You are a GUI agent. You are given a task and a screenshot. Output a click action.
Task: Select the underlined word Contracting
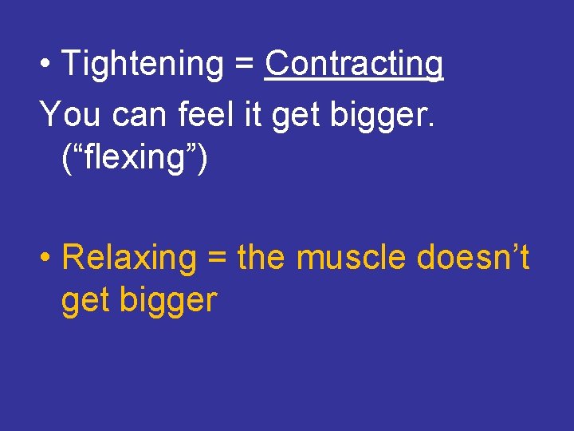[354, 64]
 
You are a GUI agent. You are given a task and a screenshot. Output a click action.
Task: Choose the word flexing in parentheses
[134, 157]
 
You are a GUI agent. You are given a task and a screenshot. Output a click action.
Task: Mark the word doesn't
[471, 258]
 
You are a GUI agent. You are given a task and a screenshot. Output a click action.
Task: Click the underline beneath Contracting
[354, 78]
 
